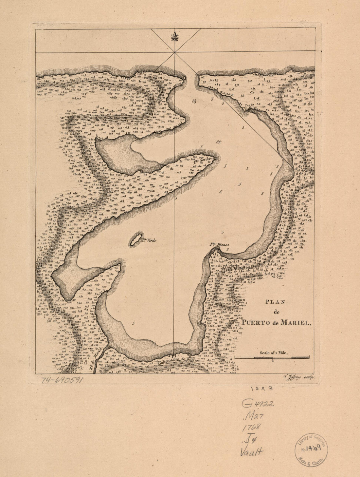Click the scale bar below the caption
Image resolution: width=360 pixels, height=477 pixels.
tap(272, 358)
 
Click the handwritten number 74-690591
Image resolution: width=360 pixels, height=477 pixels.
tap(63, 380)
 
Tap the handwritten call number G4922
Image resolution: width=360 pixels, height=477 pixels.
tap(258, 403)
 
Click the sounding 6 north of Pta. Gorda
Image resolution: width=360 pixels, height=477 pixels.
tap(202, 146)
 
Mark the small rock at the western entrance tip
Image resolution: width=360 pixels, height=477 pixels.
tap(184, 78)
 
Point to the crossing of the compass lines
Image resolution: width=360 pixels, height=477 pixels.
tap(175, 52)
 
